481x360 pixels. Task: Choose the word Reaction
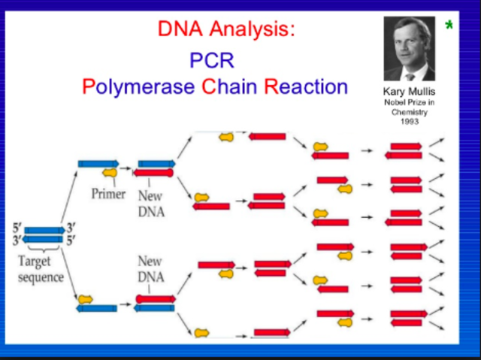point(306,86)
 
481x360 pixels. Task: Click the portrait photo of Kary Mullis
point(410,49)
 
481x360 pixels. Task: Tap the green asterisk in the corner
point(449,27)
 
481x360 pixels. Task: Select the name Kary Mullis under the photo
point(410,92)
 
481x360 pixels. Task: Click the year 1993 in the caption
point(410,120)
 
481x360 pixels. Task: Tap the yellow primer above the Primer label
point(109,173)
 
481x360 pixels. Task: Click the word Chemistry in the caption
point(410,111)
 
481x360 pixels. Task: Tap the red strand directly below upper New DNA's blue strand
point(153,173)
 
